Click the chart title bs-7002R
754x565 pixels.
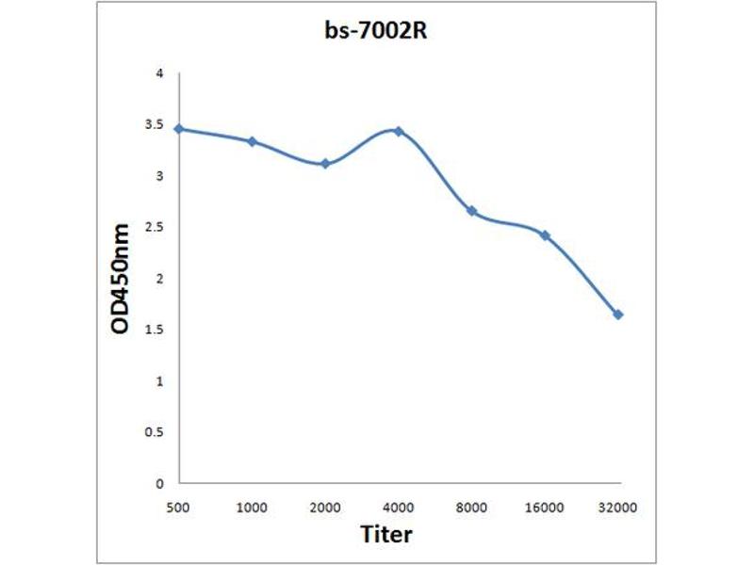tap(377, 31)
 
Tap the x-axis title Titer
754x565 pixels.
tap(386, 534)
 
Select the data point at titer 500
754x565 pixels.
tap(179, 129)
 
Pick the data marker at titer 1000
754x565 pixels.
tap(252, 141)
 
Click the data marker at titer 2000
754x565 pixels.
tap(325, 163)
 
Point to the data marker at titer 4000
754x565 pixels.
tap(399, 131)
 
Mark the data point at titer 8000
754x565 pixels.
tap(471, 211)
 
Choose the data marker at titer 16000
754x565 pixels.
tap(545, 234)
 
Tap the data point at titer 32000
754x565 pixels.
tap(618, 315)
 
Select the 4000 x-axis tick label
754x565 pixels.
tap(399, 508)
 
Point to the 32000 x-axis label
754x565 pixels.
tap(618, 508)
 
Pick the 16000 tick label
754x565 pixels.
tap(545, 508)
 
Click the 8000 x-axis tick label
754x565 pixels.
tap(471, 508)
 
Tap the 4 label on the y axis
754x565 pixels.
tap(160, 73)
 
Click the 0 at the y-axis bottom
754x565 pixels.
tap(160, 483)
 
